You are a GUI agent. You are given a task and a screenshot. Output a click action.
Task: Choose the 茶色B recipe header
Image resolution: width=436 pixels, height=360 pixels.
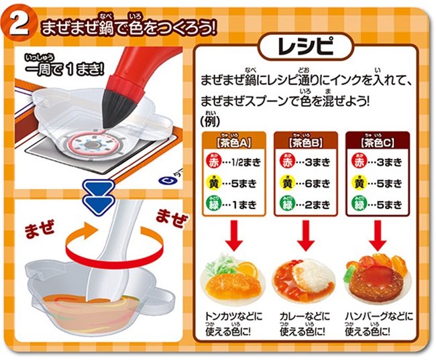(x=306, y=141)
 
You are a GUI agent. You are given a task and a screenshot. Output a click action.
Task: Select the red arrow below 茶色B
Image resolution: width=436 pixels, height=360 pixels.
(x=306, y=236)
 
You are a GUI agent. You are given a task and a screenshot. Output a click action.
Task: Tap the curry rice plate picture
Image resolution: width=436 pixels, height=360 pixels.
(x=305, y=279)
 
